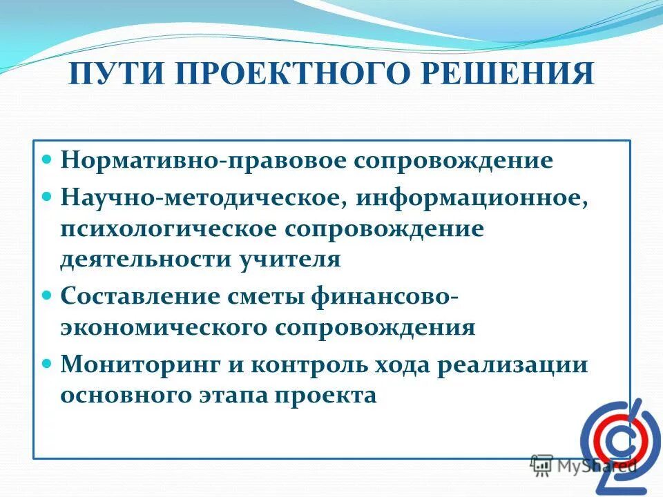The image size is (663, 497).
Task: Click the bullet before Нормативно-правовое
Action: pos(48,159)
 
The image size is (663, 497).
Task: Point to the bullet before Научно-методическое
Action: pos(48,196)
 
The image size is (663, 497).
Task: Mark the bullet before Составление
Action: pos(48,294)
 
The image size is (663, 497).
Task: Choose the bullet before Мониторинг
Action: pos(48,362)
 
